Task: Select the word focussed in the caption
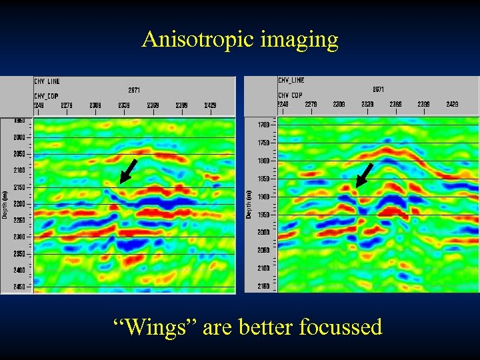click(341, 327)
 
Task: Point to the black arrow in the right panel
click(364, 175)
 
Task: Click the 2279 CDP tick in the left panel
click(67, 105)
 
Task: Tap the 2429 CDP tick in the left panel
click(210, 105)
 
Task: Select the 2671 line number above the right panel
click(378, 89)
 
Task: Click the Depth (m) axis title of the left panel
click(5, 205)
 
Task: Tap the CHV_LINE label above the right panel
click(291, 81)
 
